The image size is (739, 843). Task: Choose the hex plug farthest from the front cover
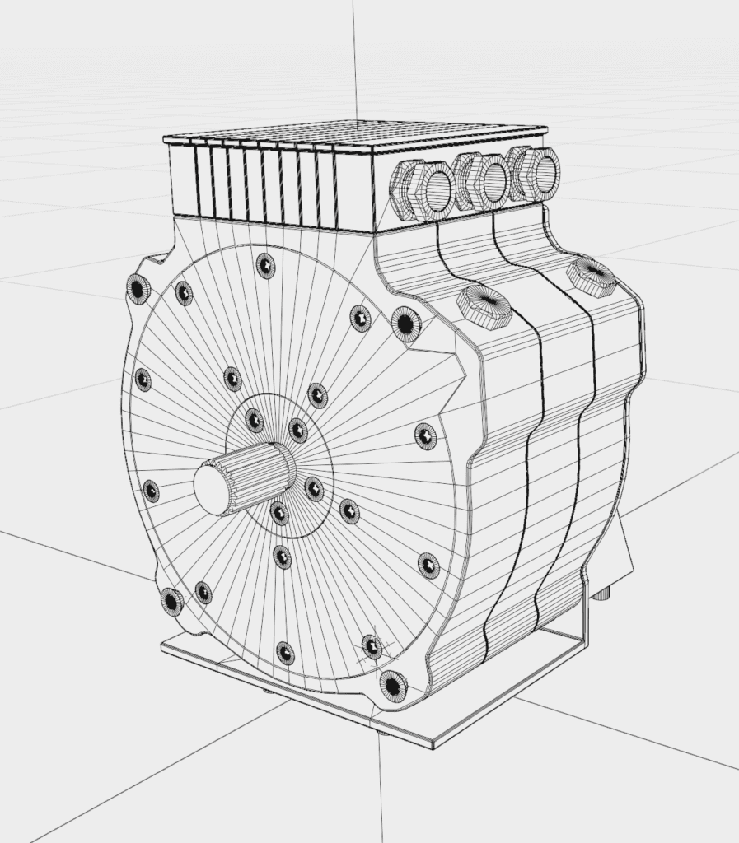tap(592, 275)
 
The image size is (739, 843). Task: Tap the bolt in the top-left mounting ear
tap(138, 289)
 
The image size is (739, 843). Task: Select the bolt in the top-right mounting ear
tap(405, 323)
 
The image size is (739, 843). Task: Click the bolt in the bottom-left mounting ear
tap(171, 602)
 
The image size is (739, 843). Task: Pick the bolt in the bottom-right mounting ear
tap(392, 684)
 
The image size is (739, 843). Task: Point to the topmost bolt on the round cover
tap(265, 265)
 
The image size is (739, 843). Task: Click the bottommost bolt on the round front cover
tap(285, 653)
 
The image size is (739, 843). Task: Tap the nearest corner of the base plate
tap(433, 745)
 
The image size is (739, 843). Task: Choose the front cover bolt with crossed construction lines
tap(372, 646)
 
